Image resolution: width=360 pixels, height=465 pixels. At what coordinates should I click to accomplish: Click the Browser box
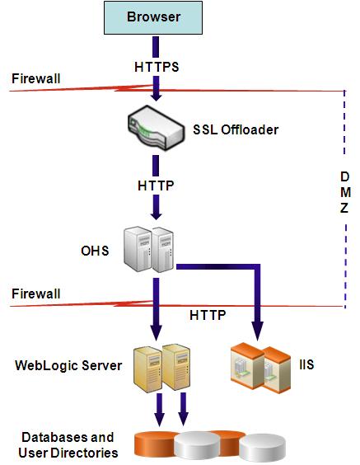tap(154, 17)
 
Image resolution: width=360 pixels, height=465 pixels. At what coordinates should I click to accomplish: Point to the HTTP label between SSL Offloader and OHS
tap(155, 186)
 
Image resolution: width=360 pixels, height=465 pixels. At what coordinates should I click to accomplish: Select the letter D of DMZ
tap(344, 176)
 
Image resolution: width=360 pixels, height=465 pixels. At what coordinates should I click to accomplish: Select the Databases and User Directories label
tap(68, 444)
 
